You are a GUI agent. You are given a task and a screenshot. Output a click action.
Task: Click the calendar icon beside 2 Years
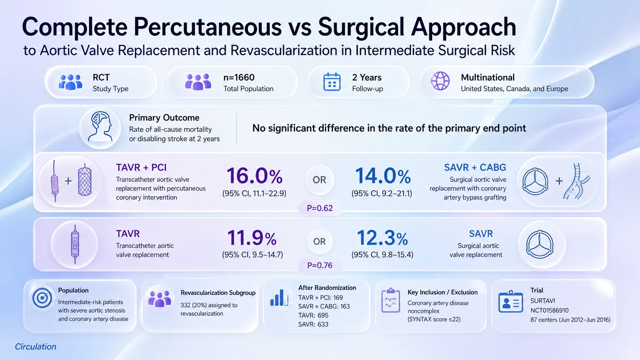[332, 82]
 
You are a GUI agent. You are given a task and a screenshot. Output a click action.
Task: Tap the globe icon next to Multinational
[441, 81]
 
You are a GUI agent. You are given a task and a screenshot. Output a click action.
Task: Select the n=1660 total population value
[239, 77]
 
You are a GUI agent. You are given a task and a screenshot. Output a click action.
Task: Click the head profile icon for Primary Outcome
[100, 126]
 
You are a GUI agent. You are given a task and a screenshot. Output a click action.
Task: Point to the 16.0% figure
[254, 176]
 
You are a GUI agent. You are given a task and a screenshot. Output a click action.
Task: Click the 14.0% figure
[383, 176]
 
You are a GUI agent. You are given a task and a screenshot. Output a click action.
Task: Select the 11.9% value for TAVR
[252, 238]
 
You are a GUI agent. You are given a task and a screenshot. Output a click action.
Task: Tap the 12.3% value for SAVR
[382, 238]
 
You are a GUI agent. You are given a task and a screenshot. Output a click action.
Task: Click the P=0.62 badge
[319, 208]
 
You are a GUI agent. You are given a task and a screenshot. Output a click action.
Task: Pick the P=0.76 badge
[319, 265]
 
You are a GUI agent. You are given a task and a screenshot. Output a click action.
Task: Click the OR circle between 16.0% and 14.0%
[319, 180]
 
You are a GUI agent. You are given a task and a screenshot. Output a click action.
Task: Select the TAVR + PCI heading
[141, 167]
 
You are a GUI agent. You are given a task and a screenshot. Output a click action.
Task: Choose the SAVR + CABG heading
[475, 167]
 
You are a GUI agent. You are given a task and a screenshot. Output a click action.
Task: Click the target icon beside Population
[42, 298]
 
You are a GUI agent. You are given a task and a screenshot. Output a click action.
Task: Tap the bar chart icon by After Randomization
[279, 298]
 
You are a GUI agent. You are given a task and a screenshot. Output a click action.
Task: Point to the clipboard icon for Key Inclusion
[390, 300]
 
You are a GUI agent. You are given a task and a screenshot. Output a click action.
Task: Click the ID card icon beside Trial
[510, 302]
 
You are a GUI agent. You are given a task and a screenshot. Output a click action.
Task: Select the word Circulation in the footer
[35, 347]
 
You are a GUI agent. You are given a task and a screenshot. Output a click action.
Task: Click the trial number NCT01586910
[549, 310]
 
